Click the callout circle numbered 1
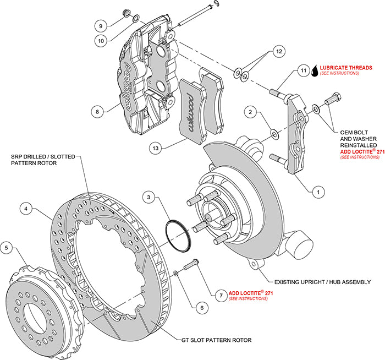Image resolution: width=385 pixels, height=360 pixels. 317,192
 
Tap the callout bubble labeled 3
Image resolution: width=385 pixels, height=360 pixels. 148,197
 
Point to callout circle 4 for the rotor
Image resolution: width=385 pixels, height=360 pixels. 25,209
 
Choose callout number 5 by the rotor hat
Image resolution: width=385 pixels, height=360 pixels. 6,248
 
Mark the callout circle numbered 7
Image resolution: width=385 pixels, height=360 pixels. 219,296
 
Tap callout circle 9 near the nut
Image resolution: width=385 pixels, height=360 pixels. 100,25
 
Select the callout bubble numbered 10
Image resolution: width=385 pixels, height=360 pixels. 100,40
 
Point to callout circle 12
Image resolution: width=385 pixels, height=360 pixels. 279,51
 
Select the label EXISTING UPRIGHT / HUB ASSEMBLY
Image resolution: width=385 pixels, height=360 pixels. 322,282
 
